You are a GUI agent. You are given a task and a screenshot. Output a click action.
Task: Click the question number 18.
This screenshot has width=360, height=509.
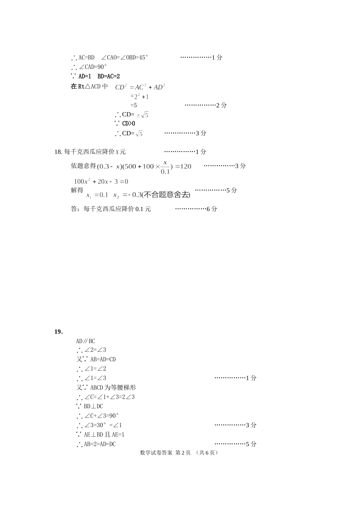[58, 152]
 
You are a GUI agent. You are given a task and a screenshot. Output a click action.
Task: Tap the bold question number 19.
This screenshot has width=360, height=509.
[58, 332]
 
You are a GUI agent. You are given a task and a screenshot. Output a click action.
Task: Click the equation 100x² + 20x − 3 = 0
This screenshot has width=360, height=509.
[101, 181]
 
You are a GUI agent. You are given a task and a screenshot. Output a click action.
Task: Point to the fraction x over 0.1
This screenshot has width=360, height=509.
[165, 167]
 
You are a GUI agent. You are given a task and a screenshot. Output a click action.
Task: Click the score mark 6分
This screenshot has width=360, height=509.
[212, 209]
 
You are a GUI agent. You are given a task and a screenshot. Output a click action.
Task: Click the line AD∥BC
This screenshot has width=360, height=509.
[86, 341]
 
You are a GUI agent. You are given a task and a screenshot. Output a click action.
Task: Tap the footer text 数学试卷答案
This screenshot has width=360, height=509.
[156, 453]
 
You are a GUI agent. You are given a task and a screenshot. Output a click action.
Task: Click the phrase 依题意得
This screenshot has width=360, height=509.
[83, 166]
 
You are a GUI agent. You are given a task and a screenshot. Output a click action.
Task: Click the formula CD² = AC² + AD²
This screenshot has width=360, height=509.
[140, 87]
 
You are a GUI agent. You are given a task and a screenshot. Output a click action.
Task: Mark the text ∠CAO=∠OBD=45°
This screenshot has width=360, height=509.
[125, 58]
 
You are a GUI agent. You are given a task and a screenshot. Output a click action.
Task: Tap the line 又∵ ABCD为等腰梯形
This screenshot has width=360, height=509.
[106, 387]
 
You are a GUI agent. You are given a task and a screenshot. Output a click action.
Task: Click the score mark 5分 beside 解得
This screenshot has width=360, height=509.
[232, 190]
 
